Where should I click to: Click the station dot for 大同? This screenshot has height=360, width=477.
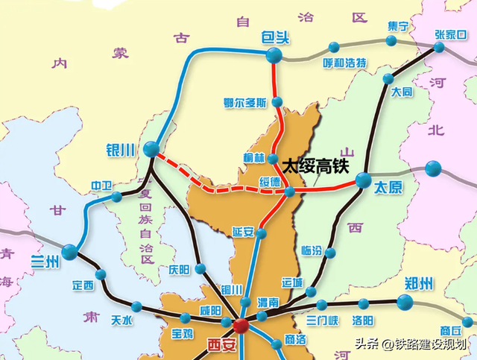point(388,79)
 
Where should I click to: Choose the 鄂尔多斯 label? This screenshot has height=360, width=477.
point(244,103)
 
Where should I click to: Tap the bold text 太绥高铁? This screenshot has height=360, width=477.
point(315,165)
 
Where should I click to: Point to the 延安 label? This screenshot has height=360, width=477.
point(244,230)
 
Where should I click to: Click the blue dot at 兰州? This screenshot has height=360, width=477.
point(69,252)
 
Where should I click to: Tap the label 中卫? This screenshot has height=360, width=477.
point(100,185)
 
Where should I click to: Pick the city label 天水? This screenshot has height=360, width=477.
point(121,320)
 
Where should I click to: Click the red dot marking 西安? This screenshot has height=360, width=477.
point(240,326)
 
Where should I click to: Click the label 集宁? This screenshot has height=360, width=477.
point(399,27)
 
